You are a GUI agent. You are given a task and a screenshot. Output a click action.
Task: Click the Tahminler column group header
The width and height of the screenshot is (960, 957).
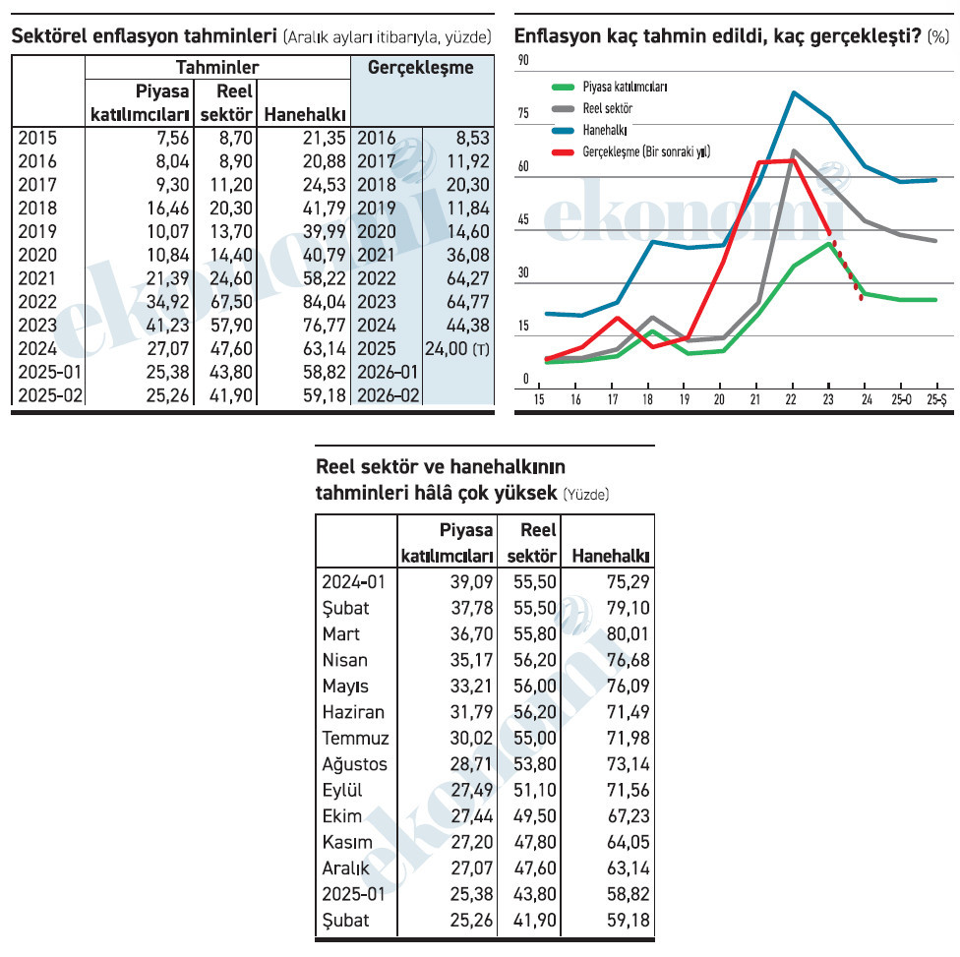pyautogui.click(x=217, y=67)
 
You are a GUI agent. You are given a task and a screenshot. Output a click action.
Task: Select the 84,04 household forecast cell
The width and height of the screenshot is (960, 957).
pyautogui.click(x=325, y=302)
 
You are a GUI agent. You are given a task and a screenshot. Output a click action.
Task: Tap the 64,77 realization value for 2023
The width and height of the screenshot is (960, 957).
pyautogui.click(x=468, y=302)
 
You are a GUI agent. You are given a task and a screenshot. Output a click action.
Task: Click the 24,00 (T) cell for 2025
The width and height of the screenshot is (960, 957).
pyautogui.click(x=457, y=349)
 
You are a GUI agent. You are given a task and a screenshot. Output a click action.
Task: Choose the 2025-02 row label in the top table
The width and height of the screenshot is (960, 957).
pyautogui.click(x=50, y=395)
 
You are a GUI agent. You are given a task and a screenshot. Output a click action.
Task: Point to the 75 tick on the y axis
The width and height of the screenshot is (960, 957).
pyautogui.click(x=523, y=113)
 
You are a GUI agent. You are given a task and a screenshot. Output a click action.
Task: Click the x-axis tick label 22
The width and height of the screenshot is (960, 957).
pyautogui.click(x=791, y=400)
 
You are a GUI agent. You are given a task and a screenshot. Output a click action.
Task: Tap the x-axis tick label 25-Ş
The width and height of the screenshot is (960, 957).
pyautogui.click(x=936, y=400)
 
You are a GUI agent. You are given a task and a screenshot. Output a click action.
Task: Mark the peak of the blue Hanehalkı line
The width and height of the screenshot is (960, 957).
pyautogui.click(x=794, y=92)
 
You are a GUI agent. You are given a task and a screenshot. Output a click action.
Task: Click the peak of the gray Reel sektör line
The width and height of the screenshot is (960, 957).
pyautogui.click(x=794, y=150)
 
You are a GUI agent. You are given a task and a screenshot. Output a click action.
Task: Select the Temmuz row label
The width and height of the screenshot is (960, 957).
pyautogui.click(x=356, y=738)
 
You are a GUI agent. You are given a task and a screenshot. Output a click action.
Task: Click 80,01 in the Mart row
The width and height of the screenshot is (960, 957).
pyautogui.click(x=629, y=633)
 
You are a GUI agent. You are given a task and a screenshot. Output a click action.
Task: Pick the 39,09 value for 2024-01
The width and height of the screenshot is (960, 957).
pyautogui.click(x=471, y=581)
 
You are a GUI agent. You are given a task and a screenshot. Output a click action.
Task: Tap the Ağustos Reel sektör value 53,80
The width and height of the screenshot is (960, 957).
pyautogui.click(x=535, y=764)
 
